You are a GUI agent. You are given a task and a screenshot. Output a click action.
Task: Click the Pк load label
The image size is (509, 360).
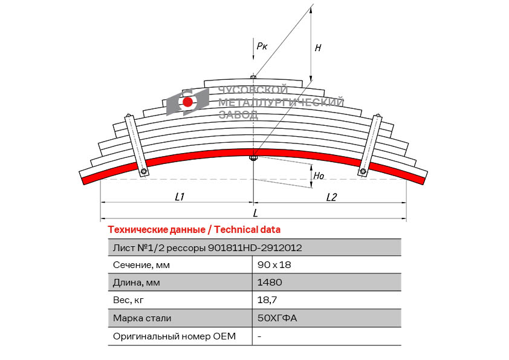262,45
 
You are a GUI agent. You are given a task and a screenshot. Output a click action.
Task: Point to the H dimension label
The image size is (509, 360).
318,47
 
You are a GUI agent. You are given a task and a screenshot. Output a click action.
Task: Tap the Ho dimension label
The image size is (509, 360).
318,176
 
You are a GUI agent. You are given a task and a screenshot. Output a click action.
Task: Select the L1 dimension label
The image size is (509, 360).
179,197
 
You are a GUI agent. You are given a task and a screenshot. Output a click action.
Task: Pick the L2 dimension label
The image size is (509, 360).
331,197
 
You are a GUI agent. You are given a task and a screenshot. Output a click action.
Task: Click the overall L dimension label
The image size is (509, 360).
256,213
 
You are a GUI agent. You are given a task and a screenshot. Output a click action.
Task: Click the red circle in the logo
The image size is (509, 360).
187,102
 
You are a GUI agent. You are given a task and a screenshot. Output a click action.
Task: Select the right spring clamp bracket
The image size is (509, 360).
371,145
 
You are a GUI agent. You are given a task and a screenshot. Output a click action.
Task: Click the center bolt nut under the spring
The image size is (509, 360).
254,159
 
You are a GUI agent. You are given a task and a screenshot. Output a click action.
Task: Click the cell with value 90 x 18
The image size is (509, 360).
270,265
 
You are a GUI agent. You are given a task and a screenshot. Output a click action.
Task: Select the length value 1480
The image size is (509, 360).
270,283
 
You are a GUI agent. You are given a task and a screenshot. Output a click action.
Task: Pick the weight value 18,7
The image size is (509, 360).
267,300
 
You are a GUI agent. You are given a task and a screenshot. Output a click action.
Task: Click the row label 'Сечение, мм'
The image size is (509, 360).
141,265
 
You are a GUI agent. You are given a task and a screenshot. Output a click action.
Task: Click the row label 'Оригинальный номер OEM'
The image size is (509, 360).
174,336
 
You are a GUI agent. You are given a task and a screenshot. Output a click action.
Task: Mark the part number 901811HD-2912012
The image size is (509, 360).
255,247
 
